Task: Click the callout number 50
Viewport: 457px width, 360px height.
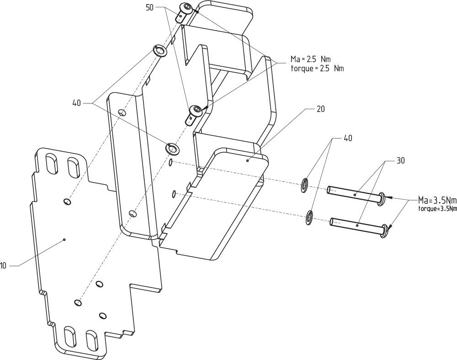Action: [x=150, y=8]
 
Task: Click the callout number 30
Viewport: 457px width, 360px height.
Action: [x=400, y=161]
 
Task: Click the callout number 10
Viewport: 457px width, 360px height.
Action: [x=3, y=265]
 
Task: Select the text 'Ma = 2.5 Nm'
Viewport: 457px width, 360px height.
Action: [x=310, y=60]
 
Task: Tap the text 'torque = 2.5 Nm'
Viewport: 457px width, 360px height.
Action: [x=317, y=69]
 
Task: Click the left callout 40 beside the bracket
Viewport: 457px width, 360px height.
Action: [x=76, y=103]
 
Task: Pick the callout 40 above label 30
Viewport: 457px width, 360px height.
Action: [x=347, y=138]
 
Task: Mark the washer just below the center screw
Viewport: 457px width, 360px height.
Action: [x=172, y=148]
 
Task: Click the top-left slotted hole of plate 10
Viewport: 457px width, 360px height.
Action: [x=52, y=163]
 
